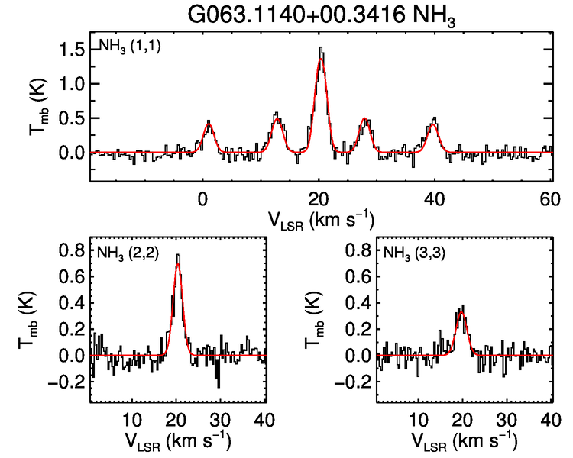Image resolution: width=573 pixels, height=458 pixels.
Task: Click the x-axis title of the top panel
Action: (x=320, y=220)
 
